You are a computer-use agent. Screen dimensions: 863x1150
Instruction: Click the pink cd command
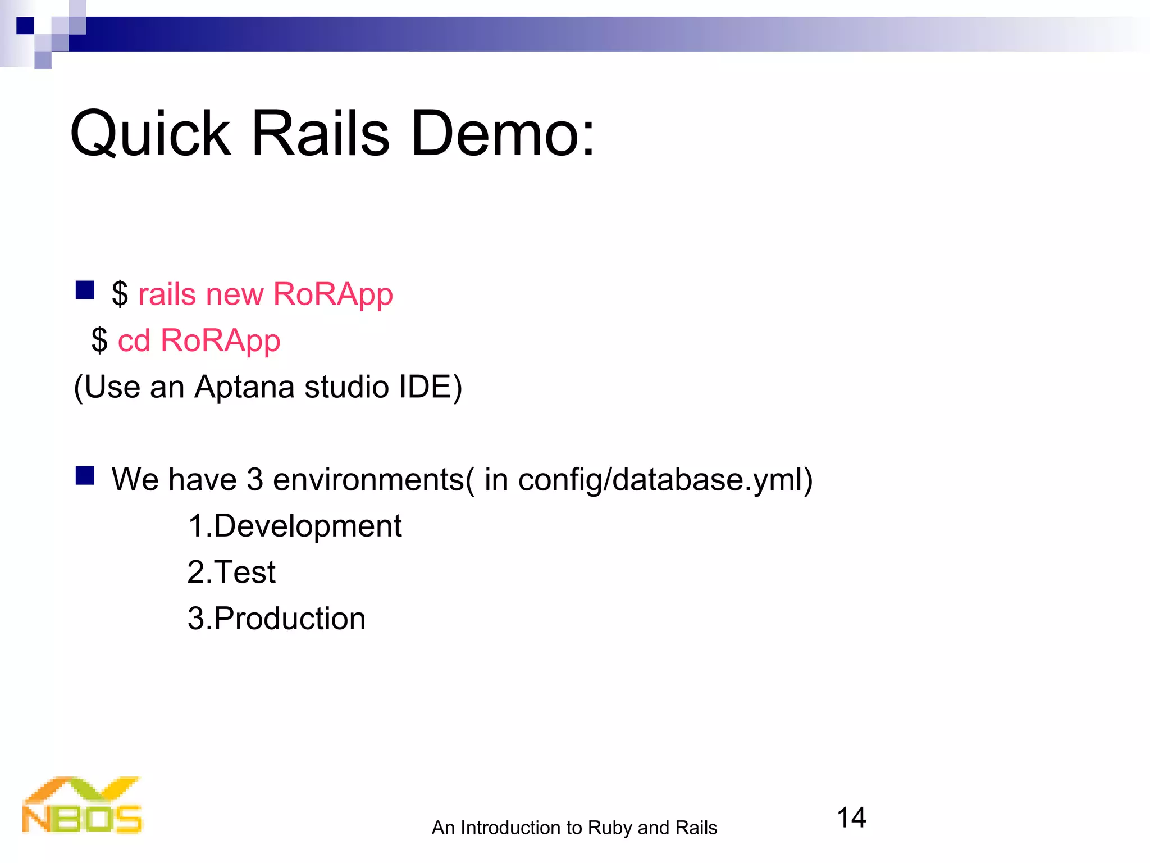[134, 340]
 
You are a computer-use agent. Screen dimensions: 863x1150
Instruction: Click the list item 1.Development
[295, 526]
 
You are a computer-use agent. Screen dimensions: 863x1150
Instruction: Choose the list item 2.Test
[231, 573]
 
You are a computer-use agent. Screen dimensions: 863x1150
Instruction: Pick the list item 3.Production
[276, 619]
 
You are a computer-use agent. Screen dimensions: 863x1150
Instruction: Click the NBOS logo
[82, 806]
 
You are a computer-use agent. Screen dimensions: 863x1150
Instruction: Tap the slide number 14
[851, 817]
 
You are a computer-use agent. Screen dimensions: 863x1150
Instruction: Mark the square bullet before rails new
[85, 290]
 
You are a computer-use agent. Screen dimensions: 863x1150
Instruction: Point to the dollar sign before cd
[99, 340]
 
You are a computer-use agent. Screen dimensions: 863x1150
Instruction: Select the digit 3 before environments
[255, 480]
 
